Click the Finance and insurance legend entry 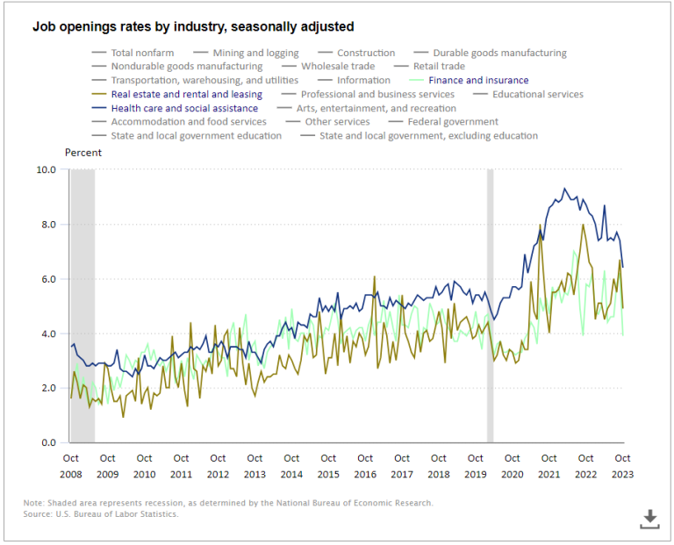(x=478, y=80)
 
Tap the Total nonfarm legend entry (x=142, y=53)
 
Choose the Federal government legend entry (x=453, y=122)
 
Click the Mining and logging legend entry (x=255, y=53)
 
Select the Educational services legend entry (x=537, y=94)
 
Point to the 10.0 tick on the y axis (x=46, y=169)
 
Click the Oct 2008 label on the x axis (x=71, y=465)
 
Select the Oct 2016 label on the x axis (x=365, y=465)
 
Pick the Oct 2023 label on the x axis (x=622, y=465)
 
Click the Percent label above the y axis (x=83, y=152)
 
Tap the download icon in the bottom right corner (x=649, y=519)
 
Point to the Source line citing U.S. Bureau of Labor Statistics (x=102, y=514)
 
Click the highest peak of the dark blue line (x=565, y=189)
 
